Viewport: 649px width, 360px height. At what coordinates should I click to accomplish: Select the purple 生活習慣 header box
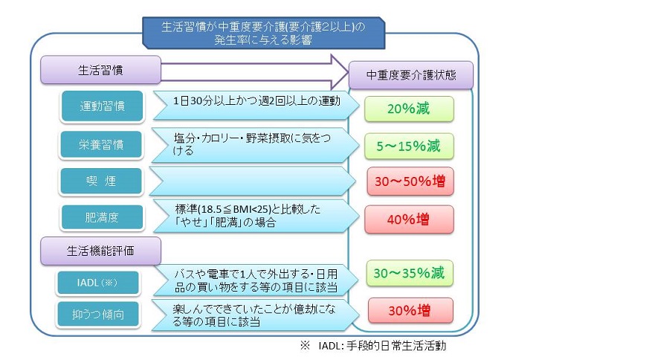[x=100, y=71]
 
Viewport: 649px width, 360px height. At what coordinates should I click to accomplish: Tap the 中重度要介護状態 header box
[x=411, y=75]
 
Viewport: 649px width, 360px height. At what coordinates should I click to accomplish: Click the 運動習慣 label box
[x=102, y=106]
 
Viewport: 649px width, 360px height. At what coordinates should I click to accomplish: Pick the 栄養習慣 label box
[x=102, y=144]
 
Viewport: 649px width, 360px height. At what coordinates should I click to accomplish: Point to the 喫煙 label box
[x=102, y=181]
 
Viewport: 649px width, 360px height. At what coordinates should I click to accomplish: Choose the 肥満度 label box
[x=102, y=218]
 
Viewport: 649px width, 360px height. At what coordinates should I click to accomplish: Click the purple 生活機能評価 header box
[x=100, y=248]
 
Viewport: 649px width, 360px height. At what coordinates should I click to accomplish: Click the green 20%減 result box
[x=408, y=109]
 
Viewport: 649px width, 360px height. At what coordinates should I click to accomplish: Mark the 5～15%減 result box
[x=408, y=146]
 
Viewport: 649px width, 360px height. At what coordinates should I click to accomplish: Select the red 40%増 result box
[x=408, y=219]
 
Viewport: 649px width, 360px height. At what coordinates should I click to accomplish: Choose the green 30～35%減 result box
[x=410, y=273]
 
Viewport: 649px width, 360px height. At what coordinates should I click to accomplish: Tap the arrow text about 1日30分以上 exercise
[x=256, y=100]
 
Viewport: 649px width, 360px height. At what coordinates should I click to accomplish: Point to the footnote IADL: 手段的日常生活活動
[x=373, y=346]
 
